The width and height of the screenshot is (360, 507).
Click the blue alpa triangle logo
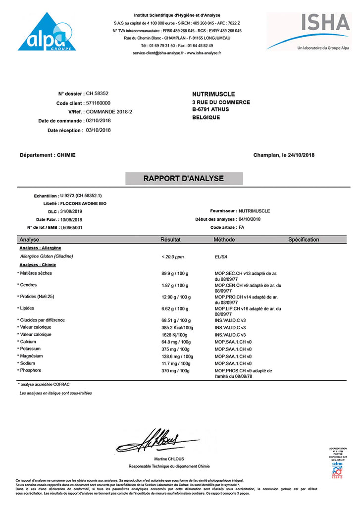(48, 34)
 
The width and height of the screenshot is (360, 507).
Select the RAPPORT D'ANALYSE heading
(184, 178)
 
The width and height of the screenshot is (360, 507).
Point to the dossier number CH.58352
(98, 93)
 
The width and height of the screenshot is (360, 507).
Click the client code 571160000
(99, 102)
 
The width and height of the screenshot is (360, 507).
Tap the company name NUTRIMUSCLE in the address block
(213, 94)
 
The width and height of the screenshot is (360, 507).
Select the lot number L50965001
(71, 228)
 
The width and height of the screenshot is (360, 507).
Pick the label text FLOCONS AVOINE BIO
(83, 203)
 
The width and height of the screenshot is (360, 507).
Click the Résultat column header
(170, 240)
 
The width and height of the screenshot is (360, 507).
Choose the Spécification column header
(304, 240)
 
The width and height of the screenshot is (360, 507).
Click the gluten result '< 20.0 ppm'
(173, 257)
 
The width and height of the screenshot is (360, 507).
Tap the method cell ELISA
(221, 257)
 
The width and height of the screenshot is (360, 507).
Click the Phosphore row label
(31, 370)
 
